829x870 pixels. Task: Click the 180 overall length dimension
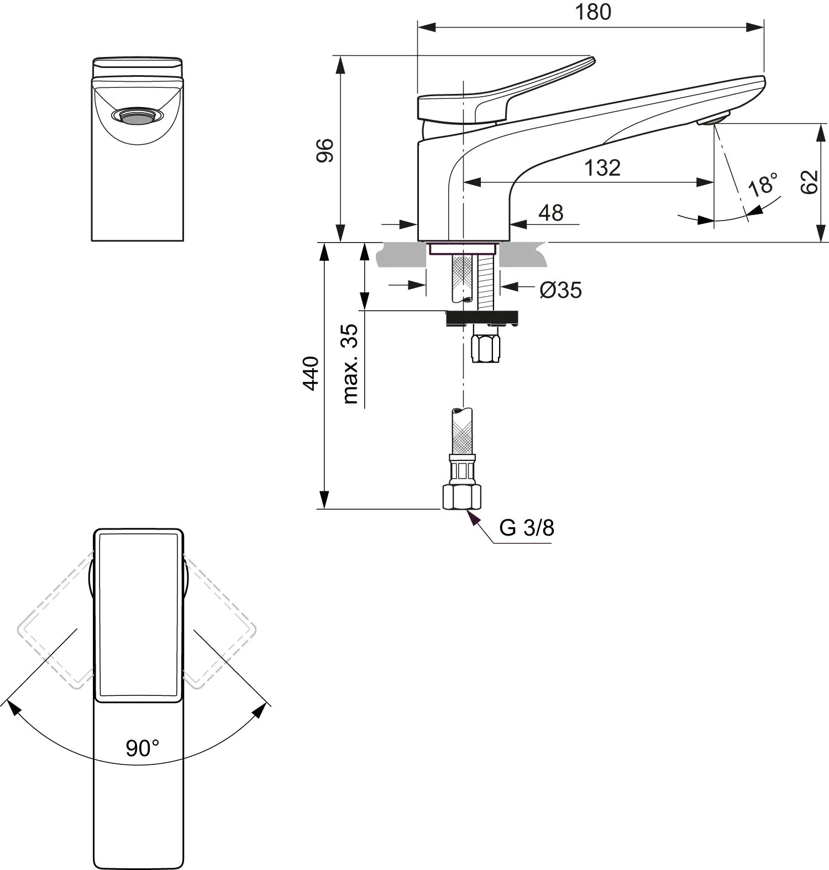pos(593,12)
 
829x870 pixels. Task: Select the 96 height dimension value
pos(326,150)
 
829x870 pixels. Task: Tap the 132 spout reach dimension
pos(602,167)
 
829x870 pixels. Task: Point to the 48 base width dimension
pos(550,212)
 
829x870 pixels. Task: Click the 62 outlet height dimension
pos(809,182)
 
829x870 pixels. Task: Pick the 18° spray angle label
pos(763,184)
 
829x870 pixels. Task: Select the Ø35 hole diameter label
pos(561,290)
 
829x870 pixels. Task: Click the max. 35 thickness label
pos(350,364)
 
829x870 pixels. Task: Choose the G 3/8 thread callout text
pos(527,528)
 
